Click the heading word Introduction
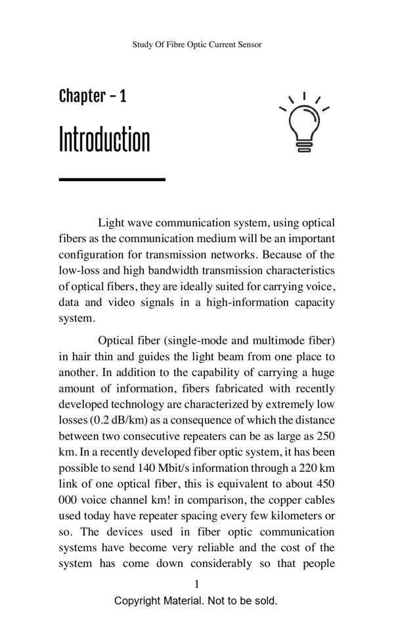[104, 140]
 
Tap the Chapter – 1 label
[93, 96]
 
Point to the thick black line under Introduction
[112, 178]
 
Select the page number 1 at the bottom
[196, 584]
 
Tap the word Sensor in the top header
[248, 45]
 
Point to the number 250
[326, 436]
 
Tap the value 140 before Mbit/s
[149, 468]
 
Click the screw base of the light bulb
[303, 146]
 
